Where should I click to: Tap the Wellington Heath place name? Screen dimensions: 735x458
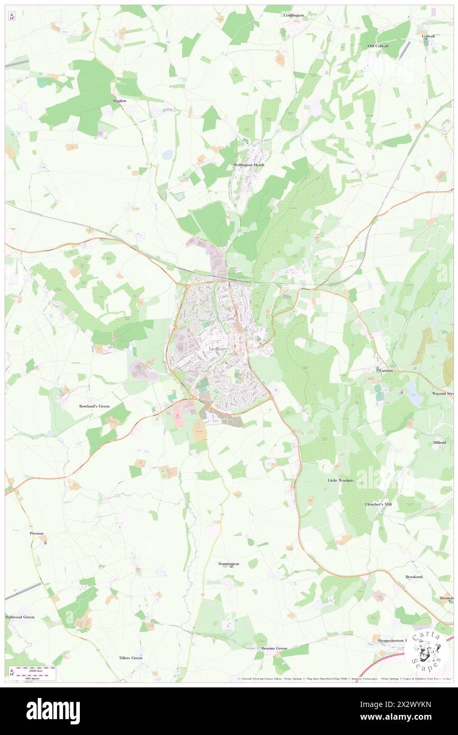click(249, 165)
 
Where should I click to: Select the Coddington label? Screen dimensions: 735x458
click(294, 15)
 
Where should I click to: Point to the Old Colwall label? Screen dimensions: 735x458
click(378, 46)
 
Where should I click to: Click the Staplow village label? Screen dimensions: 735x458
click(120, 100)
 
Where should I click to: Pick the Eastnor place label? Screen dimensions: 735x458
click(387, 371)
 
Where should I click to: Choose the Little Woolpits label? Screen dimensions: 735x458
click(340, 481)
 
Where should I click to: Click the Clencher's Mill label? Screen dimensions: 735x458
click(378, 504)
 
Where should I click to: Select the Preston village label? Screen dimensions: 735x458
click(36, 534)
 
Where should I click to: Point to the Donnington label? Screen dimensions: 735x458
click(228, 564)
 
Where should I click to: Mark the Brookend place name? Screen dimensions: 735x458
click(414, 576)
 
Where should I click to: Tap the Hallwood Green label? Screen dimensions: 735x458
click(20, 617)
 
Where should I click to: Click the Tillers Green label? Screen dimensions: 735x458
click(131, 658)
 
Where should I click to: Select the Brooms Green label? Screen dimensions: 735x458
click(274, 648)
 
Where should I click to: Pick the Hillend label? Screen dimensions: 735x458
click(439, 442)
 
